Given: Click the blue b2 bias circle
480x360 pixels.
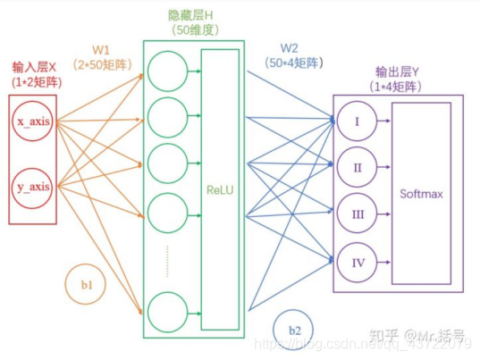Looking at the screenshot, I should [x=294, y=328].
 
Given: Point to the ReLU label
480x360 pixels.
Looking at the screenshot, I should [x=220, y=191].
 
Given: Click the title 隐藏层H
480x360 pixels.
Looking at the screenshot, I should [x=194, y=15].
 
